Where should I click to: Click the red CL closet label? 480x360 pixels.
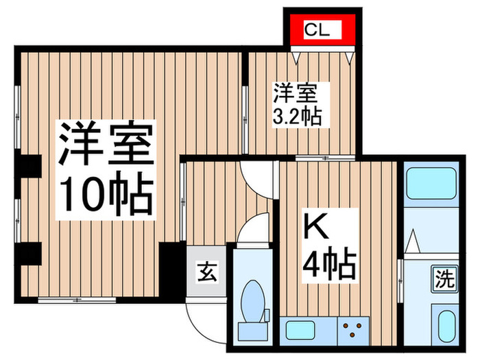point(320,30)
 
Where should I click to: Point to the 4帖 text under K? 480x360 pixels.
point(329,263)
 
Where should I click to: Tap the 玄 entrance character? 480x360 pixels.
point(207,272)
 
